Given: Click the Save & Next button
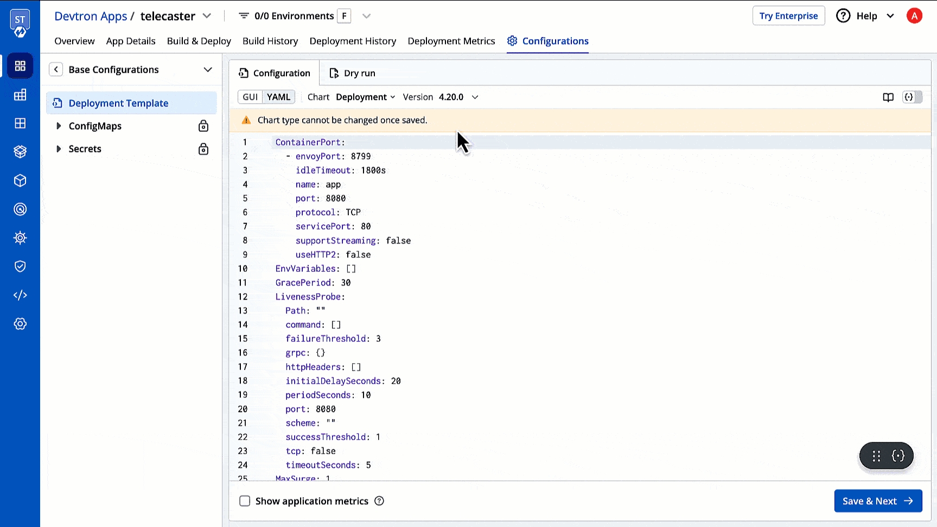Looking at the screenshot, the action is point(878,501).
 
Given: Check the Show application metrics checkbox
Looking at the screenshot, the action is point(245,501).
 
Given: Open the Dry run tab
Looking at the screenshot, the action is point(353,73).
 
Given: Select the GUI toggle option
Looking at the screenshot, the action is point(250,97).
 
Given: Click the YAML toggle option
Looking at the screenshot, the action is point(279,97).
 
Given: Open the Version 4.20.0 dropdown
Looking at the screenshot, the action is point(441,97).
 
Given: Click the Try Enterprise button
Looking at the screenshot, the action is point(788,16).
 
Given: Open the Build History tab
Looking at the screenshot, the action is point(270,41).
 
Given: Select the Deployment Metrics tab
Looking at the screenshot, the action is point(451,41).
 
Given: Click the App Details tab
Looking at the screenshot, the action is point(131,41).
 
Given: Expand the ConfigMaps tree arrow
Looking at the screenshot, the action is point(59,126).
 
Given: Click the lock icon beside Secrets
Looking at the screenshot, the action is point(203,149).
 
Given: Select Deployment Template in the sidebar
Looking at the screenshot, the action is point(118,103).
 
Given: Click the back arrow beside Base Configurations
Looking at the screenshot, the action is point(56,69).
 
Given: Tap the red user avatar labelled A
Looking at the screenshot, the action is point(914,16).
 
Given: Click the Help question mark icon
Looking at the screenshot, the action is point(843,16).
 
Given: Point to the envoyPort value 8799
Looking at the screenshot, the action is point(361,156).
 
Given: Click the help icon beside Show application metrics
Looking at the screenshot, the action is point(379,501).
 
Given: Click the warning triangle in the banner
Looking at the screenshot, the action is point(246,120).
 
